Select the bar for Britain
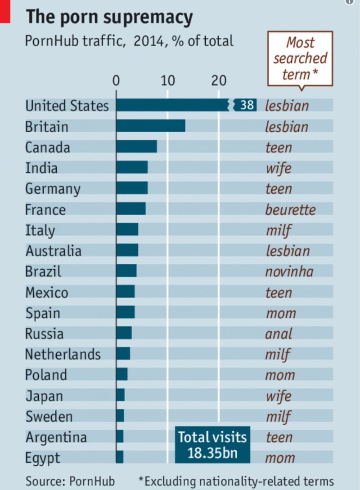point(151,126)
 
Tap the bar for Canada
point(136,147)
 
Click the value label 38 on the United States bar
point(247,105)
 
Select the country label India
point(41,168)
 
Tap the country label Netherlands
point(63,354)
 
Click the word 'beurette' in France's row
point(290,209)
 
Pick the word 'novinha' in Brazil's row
point(289,272)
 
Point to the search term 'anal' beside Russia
point(279,334)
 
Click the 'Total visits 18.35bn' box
point(212,444)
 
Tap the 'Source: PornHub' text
point(70,481)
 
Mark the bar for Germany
point(132,188)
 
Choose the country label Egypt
point(42,458)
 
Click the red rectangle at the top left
point(4,11)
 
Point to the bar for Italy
point(127,230)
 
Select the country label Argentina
point(56,437)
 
